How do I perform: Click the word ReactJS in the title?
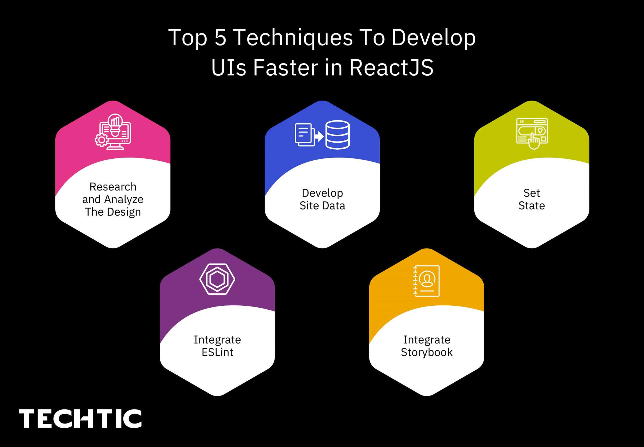coord(391,68)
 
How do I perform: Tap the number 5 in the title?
coord(220,38)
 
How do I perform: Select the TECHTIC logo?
coord(80,419)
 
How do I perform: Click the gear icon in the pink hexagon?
coord(101,140)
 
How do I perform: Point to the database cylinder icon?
coord(337,135)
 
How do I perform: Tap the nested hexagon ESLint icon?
coord(217,279)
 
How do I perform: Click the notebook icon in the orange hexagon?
coord(426,281)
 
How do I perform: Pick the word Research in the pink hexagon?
coord(113,187)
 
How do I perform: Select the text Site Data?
coord(322,206)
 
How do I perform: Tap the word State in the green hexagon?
coord(531,206)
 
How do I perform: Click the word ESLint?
coord(217,352)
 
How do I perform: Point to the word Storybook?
coord(427,352)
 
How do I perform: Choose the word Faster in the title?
coord(285,68)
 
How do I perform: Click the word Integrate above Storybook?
coord(427,340)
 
